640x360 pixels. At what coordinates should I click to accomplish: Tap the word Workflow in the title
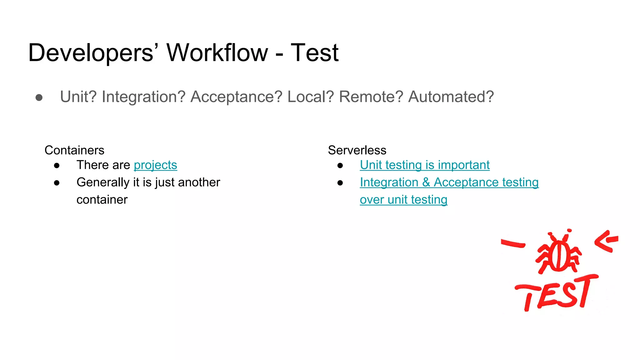point(217,52)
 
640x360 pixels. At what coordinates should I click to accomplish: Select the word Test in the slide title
point(314,52)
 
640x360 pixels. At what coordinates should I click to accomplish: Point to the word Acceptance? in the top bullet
point(236,97)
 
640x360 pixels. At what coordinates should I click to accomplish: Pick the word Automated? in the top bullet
point(451,97)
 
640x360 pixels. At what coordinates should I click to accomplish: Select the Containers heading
point(74,150)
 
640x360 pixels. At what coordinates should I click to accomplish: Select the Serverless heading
point(357,150)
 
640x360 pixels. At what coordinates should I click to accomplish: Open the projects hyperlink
point(155,165)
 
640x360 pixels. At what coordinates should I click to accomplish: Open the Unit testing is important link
point(424,165)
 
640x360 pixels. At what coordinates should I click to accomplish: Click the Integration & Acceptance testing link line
point(449,182)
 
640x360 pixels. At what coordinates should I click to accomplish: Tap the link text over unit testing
point(403,200)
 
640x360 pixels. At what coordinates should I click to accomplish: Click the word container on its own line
point(102,200)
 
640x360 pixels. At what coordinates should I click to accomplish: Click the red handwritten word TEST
point(556,294)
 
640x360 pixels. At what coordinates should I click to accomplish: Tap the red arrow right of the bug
point(606,241)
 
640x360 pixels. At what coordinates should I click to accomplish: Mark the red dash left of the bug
point(513,243)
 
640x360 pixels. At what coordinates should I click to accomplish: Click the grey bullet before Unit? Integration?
point(39,97)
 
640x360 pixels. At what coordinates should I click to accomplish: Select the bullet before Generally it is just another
point(57,183)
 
